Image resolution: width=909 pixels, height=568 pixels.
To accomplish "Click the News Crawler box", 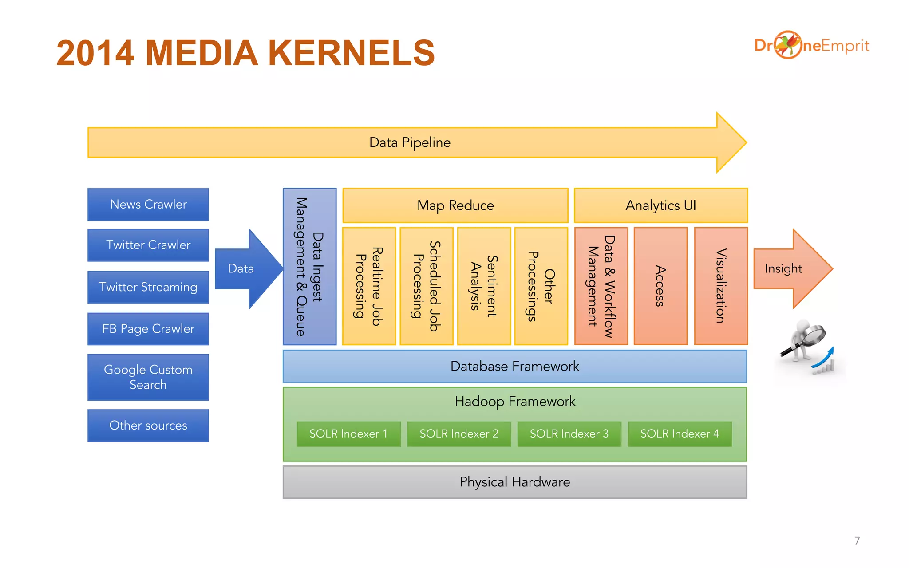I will click(x=148, y=205).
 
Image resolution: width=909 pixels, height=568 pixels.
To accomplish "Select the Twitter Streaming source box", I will click(x=148, y=287).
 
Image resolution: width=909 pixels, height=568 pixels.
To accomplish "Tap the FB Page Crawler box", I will click(x=148, y=329).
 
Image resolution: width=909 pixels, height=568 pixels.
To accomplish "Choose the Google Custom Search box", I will click(x=148, y=377).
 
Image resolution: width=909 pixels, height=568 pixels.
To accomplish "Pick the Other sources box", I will click(x=148, y=425).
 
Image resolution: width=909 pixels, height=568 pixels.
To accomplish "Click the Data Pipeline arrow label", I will click(x=410, y=142).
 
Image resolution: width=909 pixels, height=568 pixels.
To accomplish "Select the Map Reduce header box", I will click(x=455, y=205).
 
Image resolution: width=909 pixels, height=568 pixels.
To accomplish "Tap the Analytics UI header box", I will click(x=660, y=205).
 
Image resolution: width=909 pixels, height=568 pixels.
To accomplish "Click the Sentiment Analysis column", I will click(x=484, y=286).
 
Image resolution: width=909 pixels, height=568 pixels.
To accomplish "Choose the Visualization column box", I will click(x=721, y=286).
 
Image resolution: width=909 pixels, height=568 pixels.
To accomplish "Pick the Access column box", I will click(x=660, y=286).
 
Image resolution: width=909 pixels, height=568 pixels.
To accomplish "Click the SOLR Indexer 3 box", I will click(x=569, y=434).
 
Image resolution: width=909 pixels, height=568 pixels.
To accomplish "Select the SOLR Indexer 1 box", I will click(x=348, y=434).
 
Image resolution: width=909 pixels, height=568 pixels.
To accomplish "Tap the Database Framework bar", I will click(x=515, y=366).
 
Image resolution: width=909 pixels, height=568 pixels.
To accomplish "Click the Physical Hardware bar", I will click(x=515, y=482).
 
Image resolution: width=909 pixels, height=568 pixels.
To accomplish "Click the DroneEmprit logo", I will click(x=811, y=45).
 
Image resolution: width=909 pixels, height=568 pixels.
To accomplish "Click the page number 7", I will click(x=857, y=541).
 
